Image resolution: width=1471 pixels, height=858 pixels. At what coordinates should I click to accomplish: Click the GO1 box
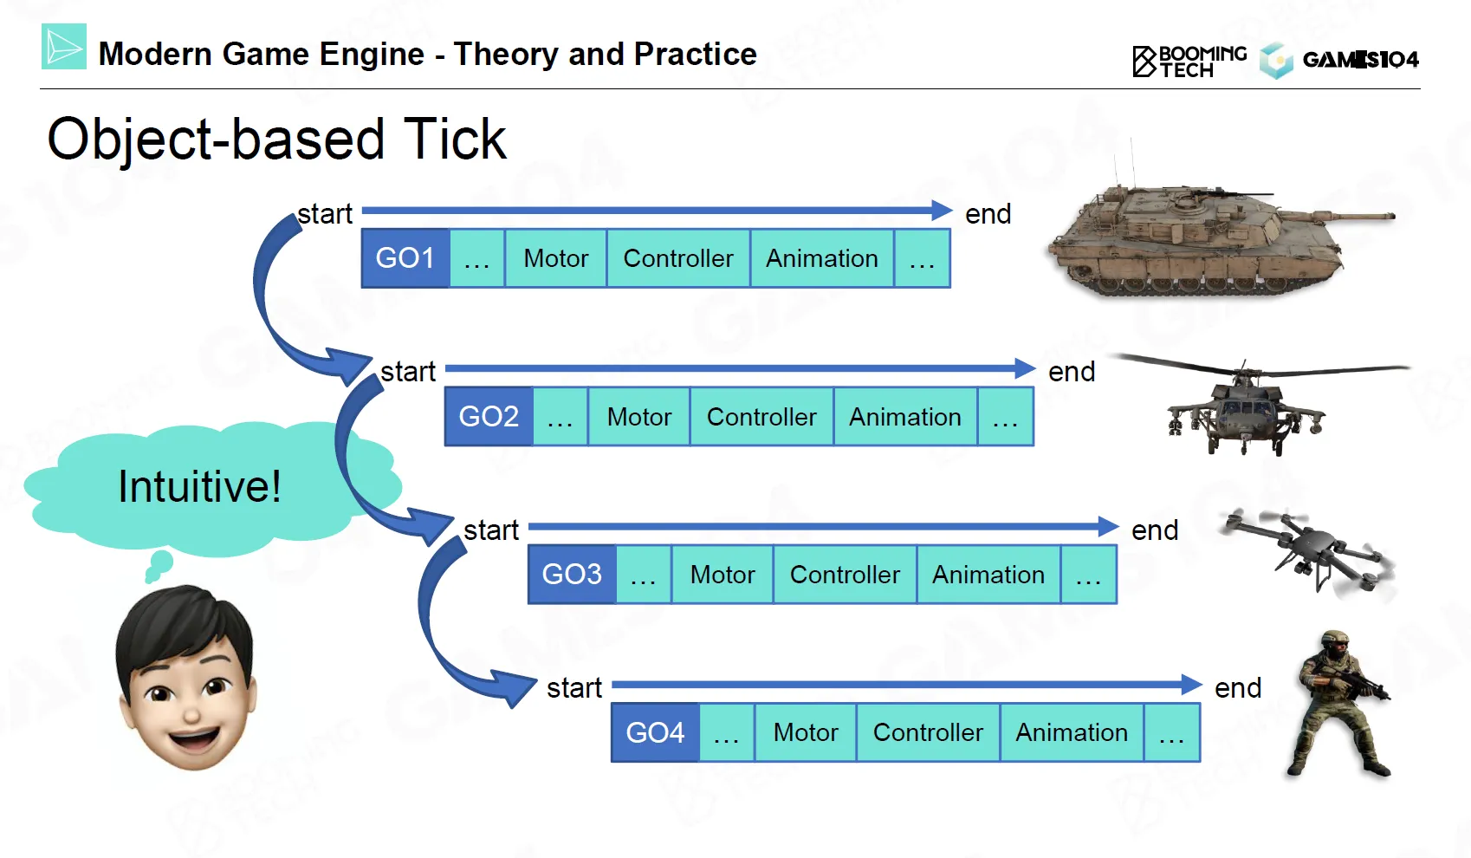click(x=405, y=258)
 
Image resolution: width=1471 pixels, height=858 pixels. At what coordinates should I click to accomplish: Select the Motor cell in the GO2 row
click(x=639, y=417)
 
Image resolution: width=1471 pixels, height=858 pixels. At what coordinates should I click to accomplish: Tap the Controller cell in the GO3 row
click(x=845, y=575)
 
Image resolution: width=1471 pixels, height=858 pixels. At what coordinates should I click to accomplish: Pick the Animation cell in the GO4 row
click(x=1072, y=732)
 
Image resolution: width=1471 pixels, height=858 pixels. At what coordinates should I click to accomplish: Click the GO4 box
click(x=655, y=732)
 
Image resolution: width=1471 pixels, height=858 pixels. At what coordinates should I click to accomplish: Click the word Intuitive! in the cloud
click(x=199, y=486)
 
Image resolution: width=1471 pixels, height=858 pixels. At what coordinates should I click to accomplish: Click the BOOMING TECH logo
click(x=1189, y=61)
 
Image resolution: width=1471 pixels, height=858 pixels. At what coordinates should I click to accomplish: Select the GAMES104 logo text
click(x=1360, y=60)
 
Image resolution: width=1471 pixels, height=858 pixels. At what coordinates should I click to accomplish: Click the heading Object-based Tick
click(x=276, y=139)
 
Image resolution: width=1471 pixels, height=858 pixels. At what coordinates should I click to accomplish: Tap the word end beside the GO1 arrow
click(x=988, y=214)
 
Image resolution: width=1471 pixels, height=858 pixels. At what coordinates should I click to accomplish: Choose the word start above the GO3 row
click(x=491, y=530)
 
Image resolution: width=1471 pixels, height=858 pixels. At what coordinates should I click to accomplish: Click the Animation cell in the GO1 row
click(x=821, y=258)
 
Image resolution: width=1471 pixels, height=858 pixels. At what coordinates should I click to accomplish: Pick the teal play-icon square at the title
click(x=64, y=47)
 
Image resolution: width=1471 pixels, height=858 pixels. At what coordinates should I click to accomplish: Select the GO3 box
click(x=572, y=575)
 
